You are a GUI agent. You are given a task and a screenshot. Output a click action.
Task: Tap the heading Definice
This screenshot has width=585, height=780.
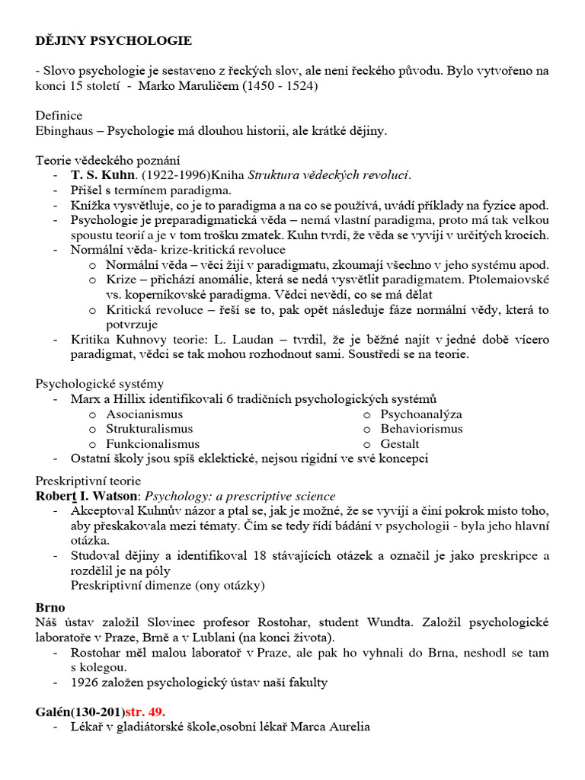click(59, 116)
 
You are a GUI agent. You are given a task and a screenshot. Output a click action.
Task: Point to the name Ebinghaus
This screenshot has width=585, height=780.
click(65, 131)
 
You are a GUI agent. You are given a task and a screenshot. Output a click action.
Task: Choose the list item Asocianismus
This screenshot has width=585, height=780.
click(145, 414)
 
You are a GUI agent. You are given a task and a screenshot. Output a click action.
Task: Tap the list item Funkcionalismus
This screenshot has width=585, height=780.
click(152, 444)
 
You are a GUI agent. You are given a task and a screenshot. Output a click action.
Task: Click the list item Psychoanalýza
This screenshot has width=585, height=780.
click(421, 414)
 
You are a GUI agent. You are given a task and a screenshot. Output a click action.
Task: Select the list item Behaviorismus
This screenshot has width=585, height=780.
click(421, 429)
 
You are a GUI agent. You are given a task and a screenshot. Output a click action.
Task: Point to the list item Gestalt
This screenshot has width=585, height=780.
click(400, 444)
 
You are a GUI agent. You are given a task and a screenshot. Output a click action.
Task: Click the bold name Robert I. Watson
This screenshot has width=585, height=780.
click(87, 496)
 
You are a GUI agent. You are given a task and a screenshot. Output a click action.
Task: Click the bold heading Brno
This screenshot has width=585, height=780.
click(50, 608)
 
